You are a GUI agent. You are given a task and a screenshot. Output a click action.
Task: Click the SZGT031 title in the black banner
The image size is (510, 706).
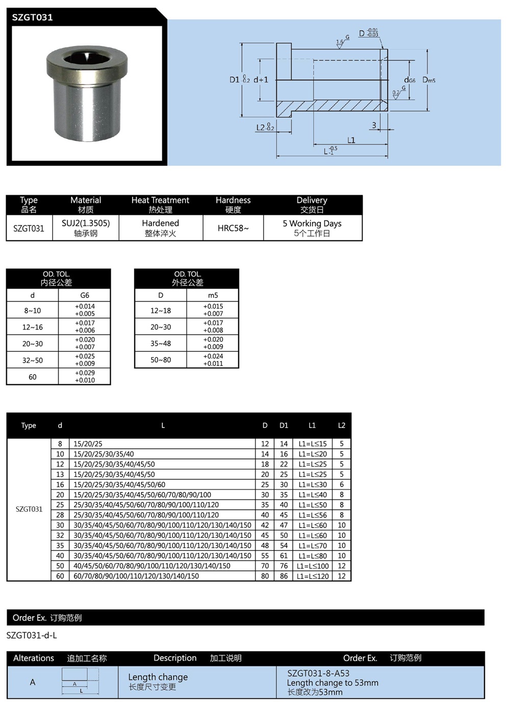pos(33,17)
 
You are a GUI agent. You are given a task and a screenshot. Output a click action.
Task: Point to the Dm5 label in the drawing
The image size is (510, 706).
pos(428,80)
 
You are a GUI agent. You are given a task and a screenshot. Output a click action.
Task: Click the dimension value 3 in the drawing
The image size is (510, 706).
pos(374,125)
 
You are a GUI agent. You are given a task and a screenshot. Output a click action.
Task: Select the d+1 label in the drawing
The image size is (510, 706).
pos(261,80)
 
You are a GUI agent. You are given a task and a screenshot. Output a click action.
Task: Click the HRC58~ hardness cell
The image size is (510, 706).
pos(233,228)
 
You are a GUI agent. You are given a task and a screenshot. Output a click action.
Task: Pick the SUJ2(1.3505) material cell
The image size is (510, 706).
pos(86,228)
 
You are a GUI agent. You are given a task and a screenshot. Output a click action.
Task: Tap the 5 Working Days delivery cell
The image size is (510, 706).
pos(312,228)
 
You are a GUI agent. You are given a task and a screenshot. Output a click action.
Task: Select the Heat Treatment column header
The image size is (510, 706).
pos(160,205)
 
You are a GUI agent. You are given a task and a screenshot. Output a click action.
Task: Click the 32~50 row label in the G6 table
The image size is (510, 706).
pos(33,360)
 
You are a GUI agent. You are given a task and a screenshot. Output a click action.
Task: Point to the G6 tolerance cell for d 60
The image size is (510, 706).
pos(85,376)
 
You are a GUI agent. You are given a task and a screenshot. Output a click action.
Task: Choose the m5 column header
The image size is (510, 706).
pos(213,295)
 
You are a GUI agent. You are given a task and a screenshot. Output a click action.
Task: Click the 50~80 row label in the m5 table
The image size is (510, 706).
pos(161,360)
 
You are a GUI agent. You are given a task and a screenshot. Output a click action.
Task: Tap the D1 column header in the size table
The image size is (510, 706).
pos(284,425)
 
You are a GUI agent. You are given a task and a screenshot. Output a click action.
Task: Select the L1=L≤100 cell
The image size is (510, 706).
pos(313,566)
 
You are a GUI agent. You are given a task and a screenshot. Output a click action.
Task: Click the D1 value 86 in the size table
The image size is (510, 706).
pos(284,576)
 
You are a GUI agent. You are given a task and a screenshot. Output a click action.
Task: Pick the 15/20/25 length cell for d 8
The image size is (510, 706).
pos(88,444)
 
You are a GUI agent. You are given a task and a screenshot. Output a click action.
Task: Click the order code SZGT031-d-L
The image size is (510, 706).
pos(32,635)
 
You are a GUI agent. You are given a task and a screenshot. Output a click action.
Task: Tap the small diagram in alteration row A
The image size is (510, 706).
pos(80,682)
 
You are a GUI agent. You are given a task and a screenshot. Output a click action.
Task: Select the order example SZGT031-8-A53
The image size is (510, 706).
pos(318,673)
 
